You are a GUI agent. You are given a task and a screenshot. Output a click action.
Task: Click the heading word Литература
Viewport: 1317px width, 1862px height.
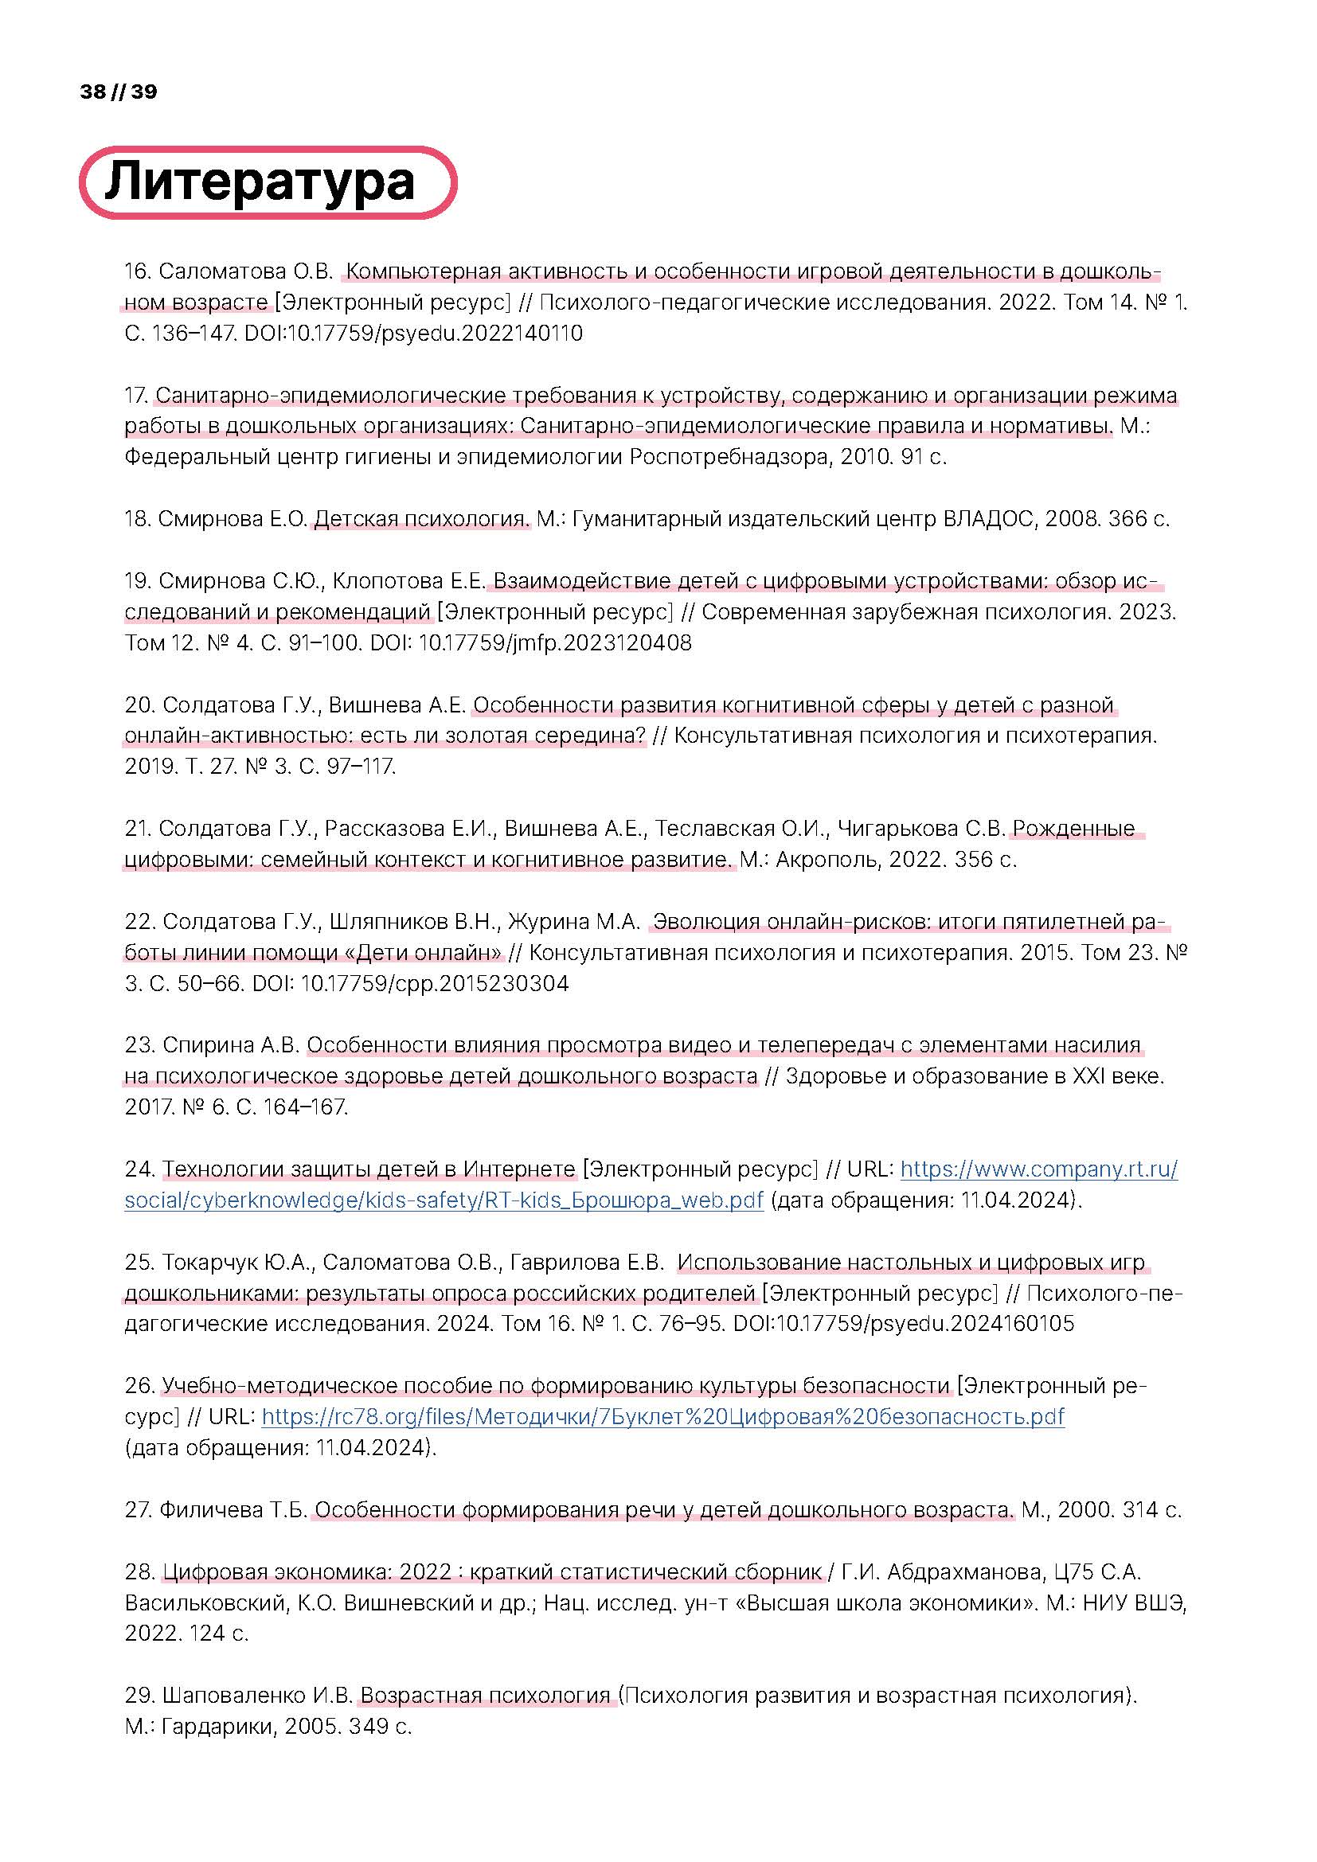coord(260,182)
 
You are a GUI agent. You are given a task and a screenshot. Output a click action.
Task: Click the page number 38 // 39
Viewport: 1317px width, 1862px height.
coord(119,92)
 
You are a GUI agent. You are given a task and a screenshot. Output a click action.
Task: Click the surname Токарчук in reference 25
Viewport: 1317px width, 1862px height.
coord(210,1263)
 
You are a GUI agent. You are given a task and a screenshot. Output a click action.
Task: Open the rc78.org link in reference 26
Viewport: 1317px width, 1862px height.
coord(662,1417)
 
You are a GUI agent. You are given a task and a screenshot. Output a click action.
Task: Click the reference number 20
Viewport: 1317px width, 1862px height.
coord(139,705)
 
